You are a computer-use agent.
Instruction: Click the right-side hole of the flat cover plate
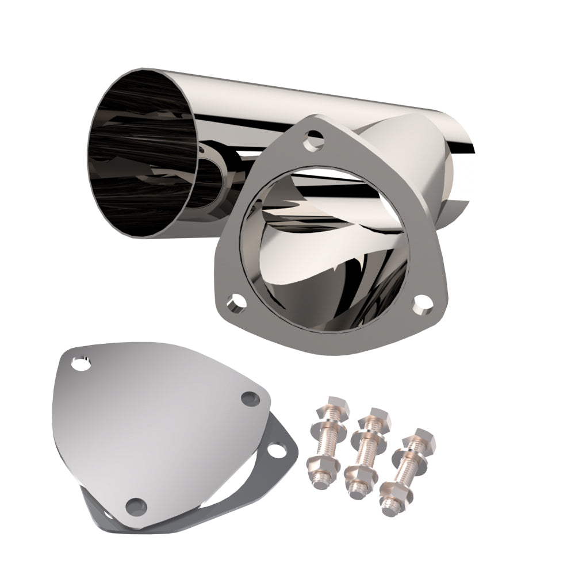[250, 397]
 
